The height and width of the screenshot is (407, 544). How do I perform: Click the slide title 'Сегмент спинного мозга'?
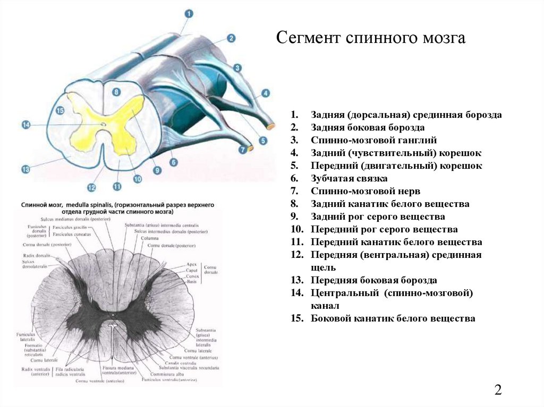(x=371, y=38)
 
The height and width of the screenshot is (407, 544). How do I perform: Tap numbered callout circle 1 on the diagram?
(x=190, y=14)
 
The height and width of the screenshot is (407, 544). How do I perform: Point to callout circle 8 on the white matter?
(x=117, y=92)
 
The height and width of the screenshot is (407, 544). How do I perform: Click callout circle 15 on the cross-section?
(x=59, y=110)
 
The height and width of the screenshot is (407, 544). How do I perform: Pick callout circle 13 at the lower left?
(x=25, y=169)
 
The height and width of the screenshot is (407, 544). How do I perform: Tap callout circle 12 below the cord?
(x=91, y=187)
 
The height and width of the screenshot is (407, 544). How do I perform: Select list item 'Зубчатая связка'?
(x=349, y=179)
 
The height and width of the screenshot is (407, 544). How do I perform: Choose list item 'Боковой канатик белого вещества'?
(x=393, y=319)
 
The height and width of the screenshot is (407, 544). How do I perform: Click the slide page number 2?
(x=498, y=390)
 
